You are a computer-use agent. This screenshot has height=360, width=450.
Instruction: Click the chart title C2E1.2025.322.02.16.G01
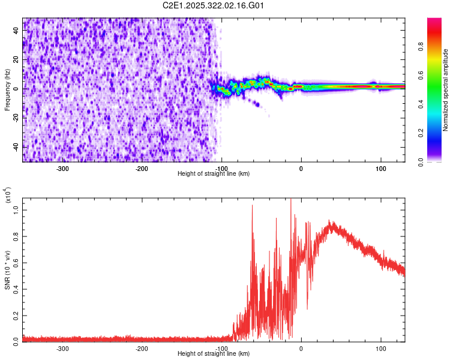214,6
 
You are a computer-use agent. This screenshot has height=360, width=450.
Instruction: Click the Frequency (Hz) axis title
7,89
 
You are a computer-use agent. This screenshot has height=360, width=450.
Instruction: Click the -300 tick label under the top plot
63,169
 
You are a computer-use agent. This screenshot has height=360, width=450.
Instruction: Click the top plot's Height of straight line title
214,174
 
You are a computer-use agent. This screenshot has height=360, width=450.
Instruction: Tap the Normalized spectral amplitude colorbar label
446,89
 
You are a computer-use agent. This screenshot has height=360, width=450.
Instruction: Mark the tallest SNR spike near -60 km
252,206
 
